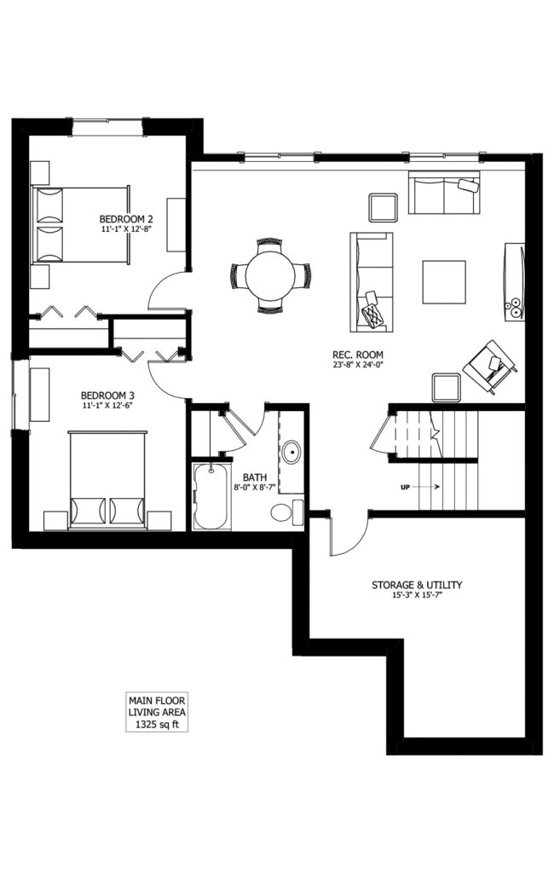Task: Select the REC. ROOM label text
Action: pyautogui.click(x=358, y=355)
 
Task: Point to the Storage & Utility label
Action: pyautogui.click(x=417, y=585)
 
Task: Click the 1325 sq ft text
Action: pyautogui.click(x=157, y=725)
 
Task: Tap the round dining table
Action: pyautogui.click(x=270, y=275)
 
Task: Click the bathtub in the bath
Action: pyautogui.click(x=211, y=497)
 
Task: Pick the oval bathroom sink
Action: pyautogui.click(x=291, y=452)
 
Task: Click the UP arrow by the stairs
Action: pyautogui.click(x=427, y=487)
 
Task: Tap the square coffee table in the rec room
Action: pyautogui.click(x=444, y=282)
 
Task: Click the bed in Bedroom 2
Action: pyautogui.click(x=81, y=225)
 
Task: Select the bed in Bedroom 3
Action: pyautogui.click(x=107, y=479)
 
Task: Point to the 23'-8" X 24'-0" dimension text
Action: pyautogui.click(x=358, y=365)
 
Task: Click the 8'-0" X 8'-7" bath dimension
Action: pyautogui.click(x=255, y=487)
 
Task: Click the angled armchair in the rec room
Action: pyautogui.click(x=490, y=367)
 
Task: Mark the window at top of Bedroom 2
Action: pyautogui.click(x=107, y=126)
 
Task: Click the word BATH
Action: pyautogui.click(x=255, y=477)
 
